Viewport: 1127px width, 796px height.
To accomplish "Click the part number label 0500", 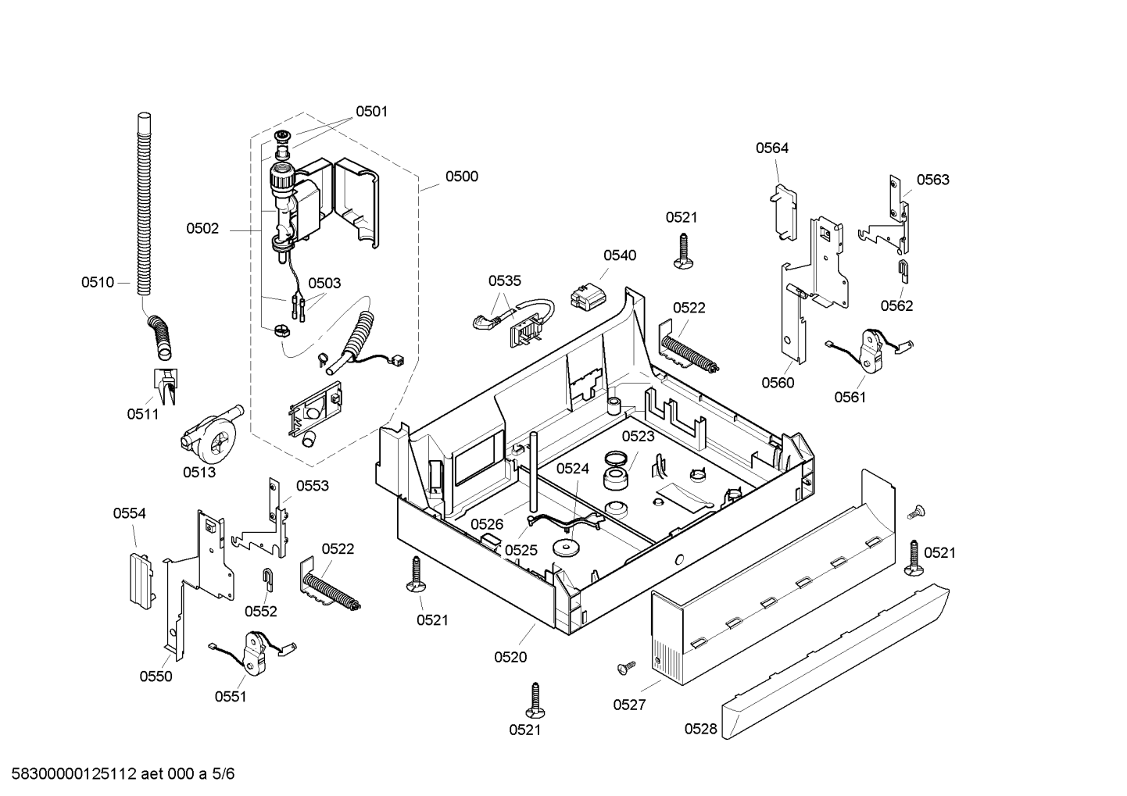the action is pyautogui.click(x=461, y=177).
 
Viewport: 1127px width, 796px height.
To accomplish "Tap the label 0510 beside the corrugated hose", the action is pyautogui.click(x=98, y=283).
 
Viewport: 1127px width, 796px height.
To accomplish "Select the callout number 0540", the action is pyautogui.click(x=620, y=255).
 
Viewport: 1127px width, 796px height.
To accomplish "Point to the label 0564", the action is pyautogui.click(x=772, y=148).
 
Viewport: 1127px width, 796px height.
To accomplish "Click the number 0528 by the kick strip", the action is pyautogui.click(x=700, y=729).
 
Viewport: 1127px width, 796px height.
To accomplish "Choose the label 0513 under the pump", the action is pyautogui.click(x=199, y=472).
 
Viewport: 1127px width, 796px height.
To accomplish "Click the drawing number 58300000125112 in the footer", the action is pyautogui.click(x=74, y=774).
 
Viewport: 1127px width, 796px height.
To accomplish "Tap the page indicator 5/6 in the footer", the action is pyautogui.click(x=223, y=774).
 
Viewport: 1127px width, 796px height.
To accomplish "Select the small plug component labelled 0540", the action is pyautogui.click(x=587, y=297).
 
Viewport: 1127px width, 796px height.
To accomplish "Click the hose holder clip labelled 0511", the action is pyautogui.click(x=166, y=386).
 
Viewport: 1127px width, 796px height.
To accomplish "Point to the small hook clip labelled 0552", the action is pyautogui.click(x=268, y=579).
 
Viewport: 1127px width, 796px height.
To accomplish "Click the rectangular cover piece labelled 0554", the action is pyautogui.click(x=141, y=580).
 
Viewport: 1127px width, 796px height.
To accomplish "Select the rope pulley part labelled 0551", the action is pyautogui.click(x=254, y=653).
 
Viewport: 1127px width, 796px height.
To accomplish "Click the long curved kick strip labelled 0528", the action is pyautogui.click(x=835, y=662).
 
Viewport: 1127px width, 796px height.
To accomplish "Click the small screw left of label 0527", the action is pyautogui.click(x=626, y=667).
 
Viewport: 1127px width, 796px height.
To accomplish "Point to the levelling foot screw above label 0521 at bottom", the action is pyautogui.click(x=535, y=701).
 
